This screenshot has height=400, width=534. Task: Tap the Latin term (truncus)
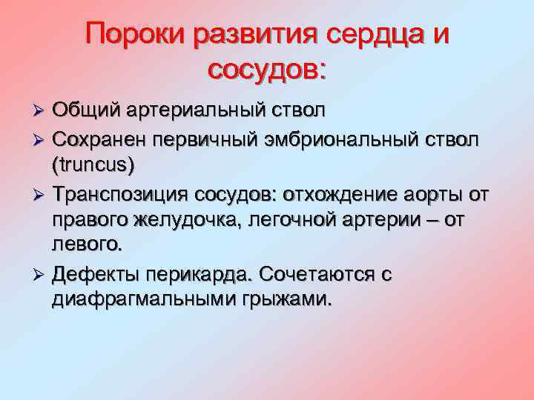93,164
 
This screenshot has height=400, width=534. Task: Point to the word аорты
447,194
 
